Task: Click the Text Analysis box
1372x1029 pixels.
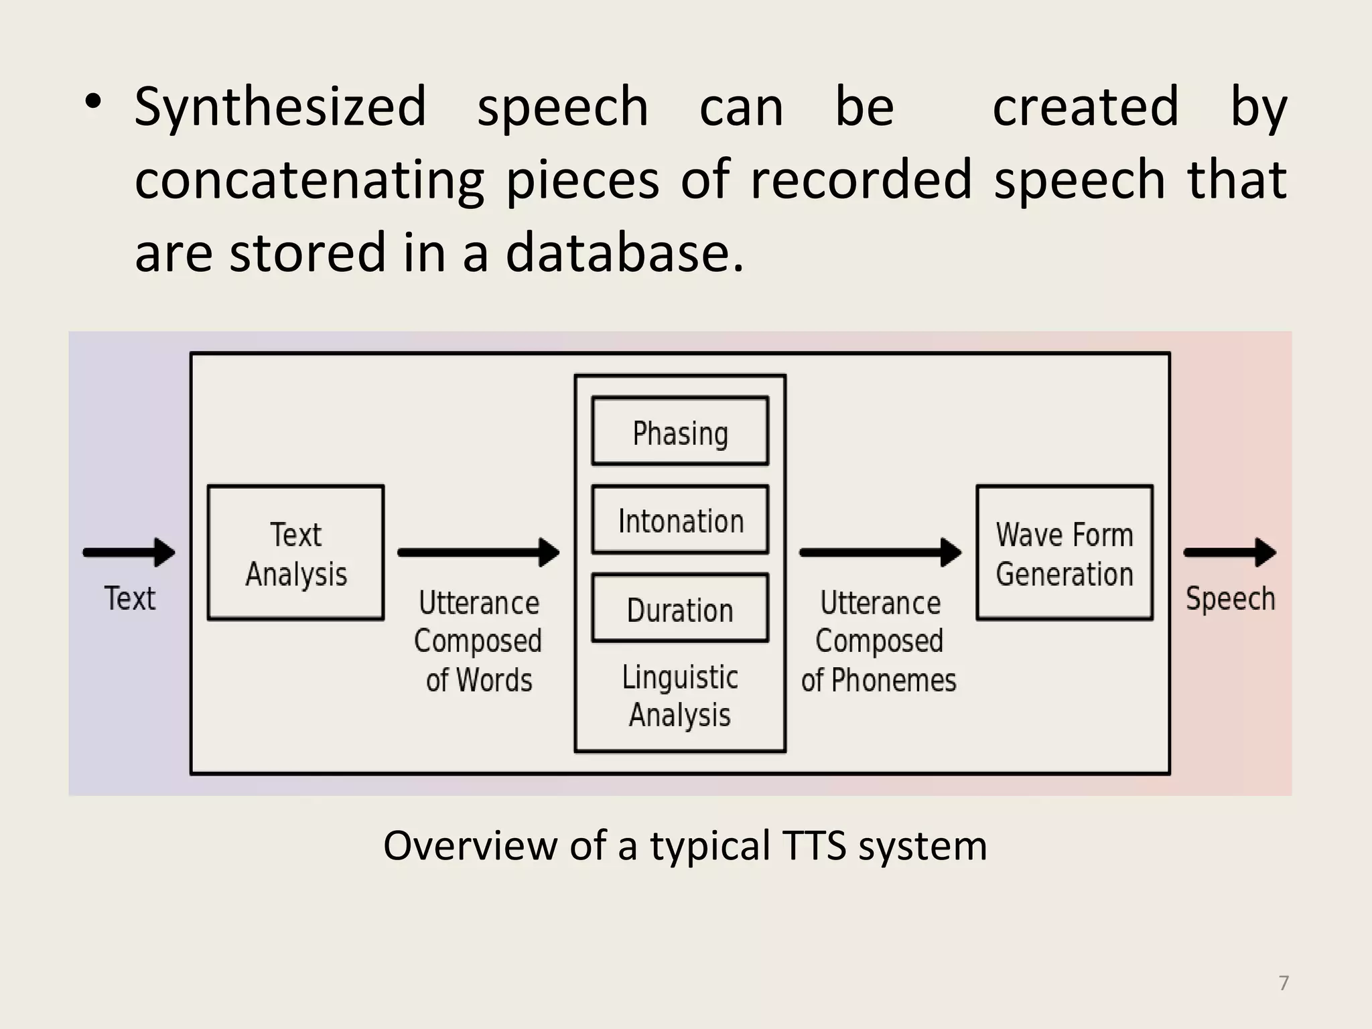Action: [295, 553]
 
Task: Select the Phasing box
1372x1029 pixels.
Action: [680, 431]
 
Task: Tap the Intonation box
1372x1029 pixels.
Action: [680, 520]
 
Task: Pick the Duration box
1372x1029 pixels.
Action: [680, 609]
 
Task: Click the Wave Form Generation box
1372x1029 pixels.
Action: [1065, 553]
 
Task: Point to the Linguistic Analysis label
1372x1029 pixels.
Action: [680, 695]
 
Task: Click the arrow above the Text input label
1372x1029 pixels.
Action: [129, 553]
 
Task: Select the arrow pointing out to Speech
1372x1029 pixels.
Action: [1229, 553]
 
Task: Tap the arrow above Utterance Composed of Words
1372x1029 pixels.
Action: [478, 553]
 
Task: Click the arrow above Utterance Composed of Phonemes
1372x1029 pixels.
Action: [880, 553]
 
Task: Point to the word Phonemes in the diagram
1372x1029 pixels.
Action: [894, 681]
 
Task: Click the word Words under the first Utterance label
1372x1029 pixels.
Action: [494, 681]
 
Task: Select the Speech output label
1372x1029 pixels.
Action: [1230, 598]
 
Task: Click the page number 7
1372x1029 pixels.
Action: [1284, 983]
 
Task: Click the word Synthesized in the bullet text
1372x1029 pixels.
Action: [280, 107]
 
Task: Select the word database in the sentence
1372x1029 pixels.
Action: [624, 253]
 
